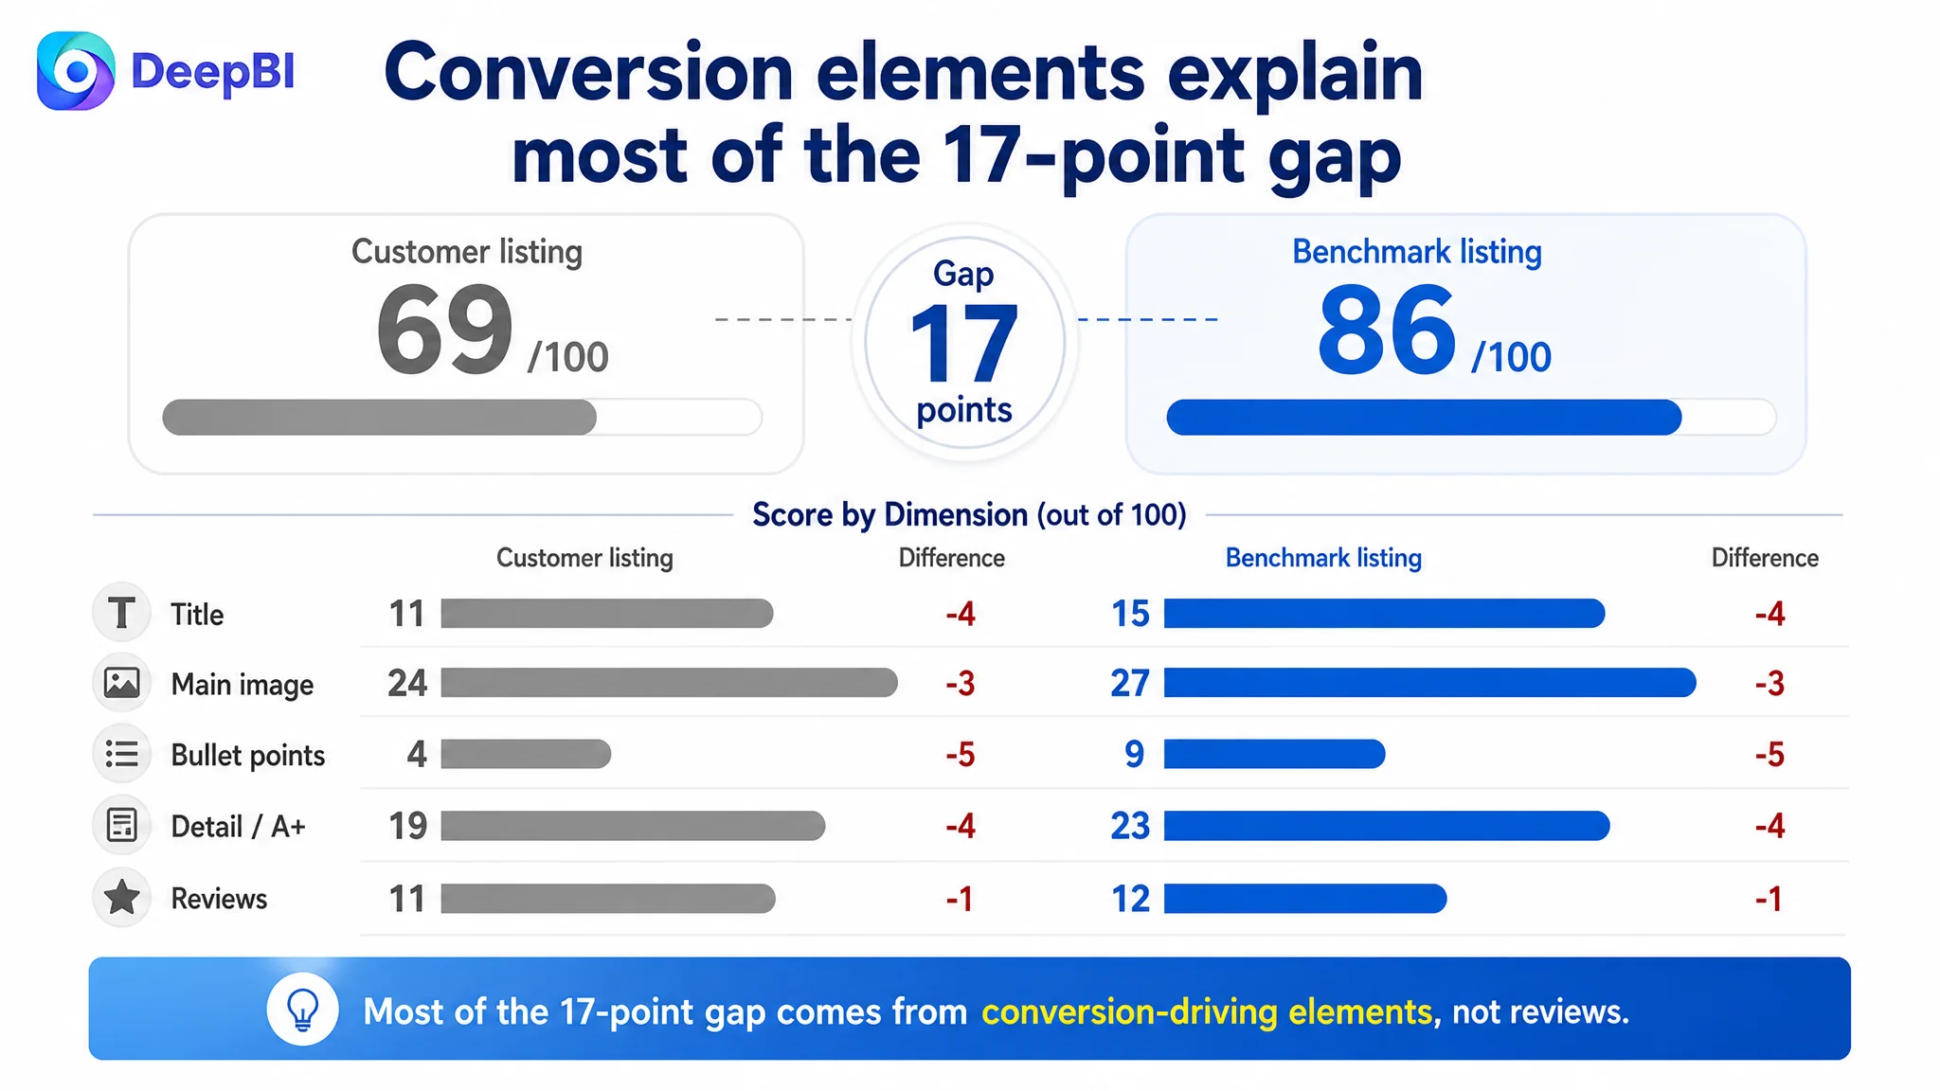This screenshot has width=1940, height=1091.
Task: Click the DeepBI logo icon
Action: [76, 71]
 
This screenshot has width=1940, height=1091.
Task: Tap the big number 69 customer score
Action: [445, 331]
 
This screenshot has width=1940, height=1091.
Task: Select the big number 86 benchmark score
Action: [1387, 331]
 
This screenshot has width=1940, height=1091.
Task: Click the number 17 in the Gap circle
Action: [963, 343]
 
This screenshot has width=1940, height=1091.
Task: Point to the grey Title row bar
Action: [607, 614]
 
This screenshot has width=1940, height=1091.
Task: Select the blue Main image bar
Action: [1430, 683]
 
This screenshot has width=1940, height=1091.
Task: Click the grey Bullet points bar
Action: [526, 754]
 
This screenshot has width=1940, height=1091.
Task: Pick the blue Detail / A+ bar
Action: [1387, 826]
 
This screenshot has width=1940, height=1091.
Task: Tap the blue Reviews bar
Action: [1305, 898]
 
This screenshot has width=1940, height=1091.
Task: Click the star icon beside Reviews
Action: [122, 898]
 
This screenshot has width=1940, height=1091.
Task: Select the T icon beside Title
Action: [122, 613]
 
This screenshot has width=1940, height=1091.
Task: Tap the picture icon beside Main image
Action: [122, 683]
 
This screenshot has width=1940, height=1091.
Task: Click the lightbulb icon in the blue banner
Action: [303, 1010]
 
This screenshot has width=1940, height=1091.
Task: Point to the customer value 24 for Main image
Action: [407, 683]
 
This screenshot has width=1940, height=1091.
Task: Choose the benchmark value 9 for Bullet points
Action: [1134, 754]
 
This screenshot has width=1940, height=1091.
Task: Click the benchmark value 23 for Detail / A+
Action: [1130, 826]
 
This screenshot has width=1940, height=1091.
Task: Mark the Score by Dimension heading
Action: [969, 514]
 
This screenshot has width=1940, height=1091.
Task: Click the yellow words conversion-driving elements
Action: [1207, 1011]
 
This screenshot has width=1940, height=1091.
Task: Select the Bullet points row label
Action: [248, 755]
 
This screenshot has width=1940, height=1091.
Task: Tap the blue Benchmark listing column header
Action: [1323, 558]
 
